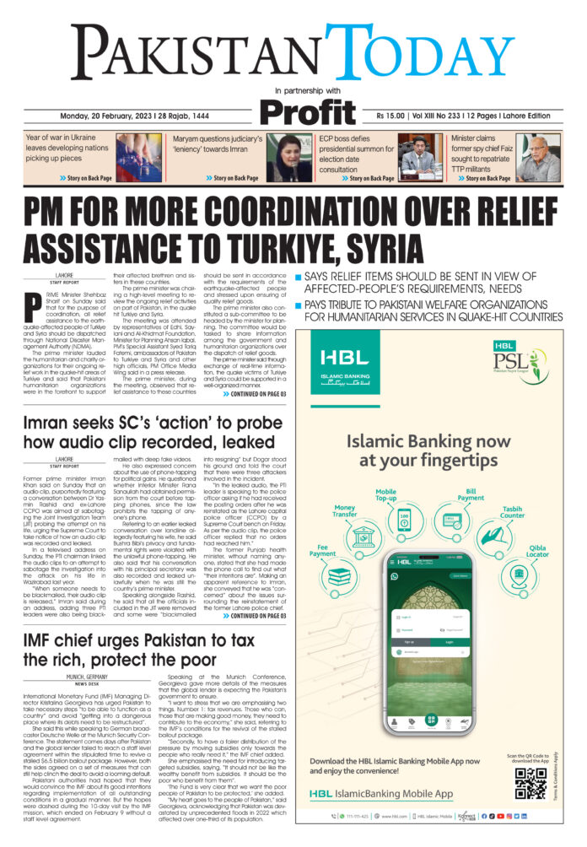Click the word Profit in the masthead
coord(309,111)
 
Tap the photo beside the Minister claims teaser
coord(540,158)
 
